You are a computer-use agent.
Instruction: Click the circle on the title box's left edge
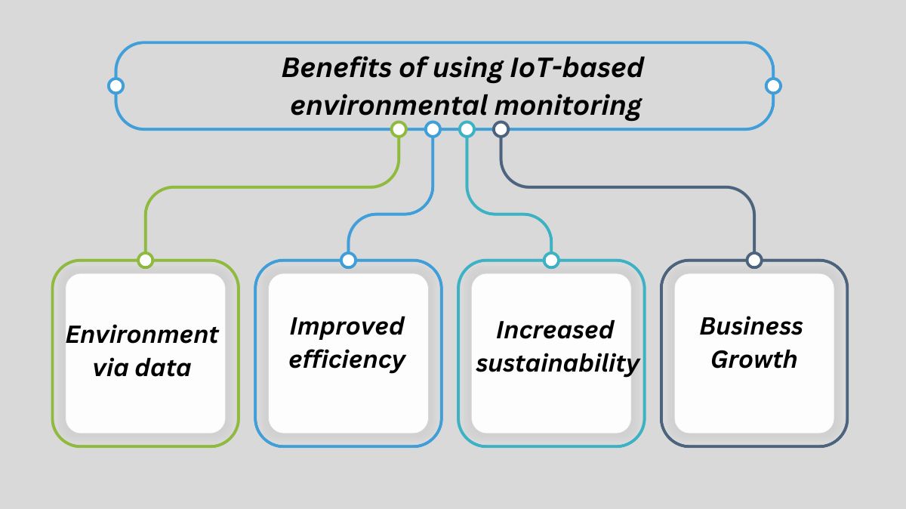click(x=116, y=85)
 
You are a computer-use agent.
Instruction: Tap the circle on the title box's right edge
click(x=772, y=85)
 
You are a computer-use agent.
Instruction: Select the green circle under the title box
click(x=399, y=129)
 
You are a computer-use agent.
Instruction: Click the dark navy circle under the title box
click(x=500, y=129)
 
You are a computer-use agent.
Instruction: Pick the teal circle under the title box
click(x=467, y=129)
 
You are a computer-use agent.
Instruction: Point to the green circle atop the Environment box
click(x=146, y=261)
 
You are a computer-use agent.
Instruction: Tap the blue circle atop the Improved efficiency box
click(x=348, y=261)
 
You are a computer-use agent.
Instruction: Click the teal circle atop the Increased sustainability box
click(x=551, y=261)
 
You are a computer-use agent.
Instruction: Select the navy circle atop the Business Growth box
click(x=753, y=261)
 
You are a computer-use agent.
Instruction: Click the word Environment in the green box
click(x=142, y=335)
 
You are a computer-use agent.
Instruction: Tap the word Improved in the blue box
click(x=347, y=327)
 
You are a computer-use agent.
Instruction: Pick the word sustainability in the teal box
click(x=558, y=364)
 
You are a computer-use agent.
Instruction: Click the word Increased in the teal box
click(x=555, y=331)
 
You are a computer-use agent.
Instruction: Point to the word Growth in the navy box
click(x=753, y=360)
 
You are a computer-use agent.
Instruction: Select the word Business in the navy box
click(x=750, y=327)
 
